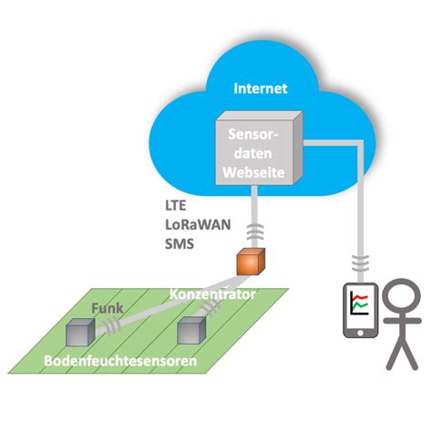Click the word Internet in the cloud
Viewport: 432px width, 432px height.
[x=261, y=89]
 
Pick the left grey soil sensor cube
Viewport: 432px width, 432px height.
[x=80, y=334]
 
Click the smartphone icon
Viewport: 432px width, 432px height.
[x=360, y=312]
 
